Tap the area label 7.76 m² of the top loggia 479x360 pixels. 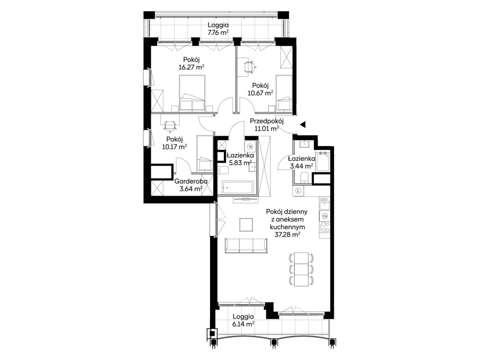tap(218, 33)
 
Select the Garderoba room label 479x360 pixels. tap(191, 181)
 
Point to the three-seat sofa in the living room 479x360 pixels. tap(246, 246)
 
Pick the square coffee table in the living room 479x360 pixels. tap(246, 225)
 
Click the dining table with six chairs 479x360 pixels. tap(301, 269)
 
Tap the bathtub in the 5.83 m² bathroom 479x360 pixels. tap(238, 187)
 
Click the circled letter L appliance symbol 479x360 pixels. tap(298, 191)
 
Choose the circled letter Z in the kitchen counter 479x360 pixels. tap(325, 216)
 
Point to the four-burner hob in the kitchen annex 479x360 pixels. tap(325, 227)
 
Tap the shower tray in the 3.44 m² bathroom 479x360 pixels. tap(323, 162)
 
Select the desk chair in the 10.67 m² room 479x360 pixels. tap(249, 66)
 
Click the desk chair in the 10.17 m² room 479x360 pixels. tap(170, 126)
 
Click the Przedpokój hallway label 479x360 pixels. tap(267, 121)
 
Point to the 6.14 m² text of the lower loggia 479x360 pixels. tap(243, 324)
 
